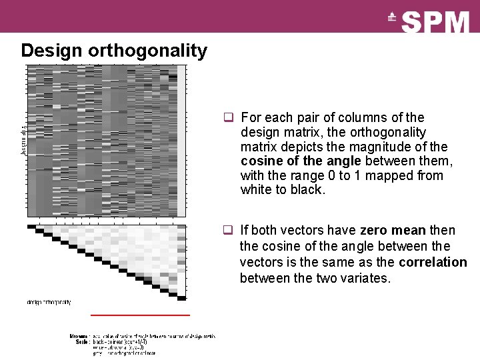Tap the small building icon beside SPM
[x=392, y=19]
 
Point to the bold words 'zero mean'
[x=393, y=230]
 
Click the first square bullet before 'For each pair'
[x=228, y=118]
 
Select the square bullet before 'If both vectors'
[x=228, y=231]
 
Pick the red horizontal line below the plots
[x=140, y=314]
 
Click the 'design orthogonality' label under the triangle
[x=49, y=302]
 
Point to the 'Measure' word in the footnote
[x=79, y=336]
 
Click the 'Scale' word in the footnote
[x=83, y=341]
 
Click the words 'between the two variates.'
[x=315, y=277]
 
